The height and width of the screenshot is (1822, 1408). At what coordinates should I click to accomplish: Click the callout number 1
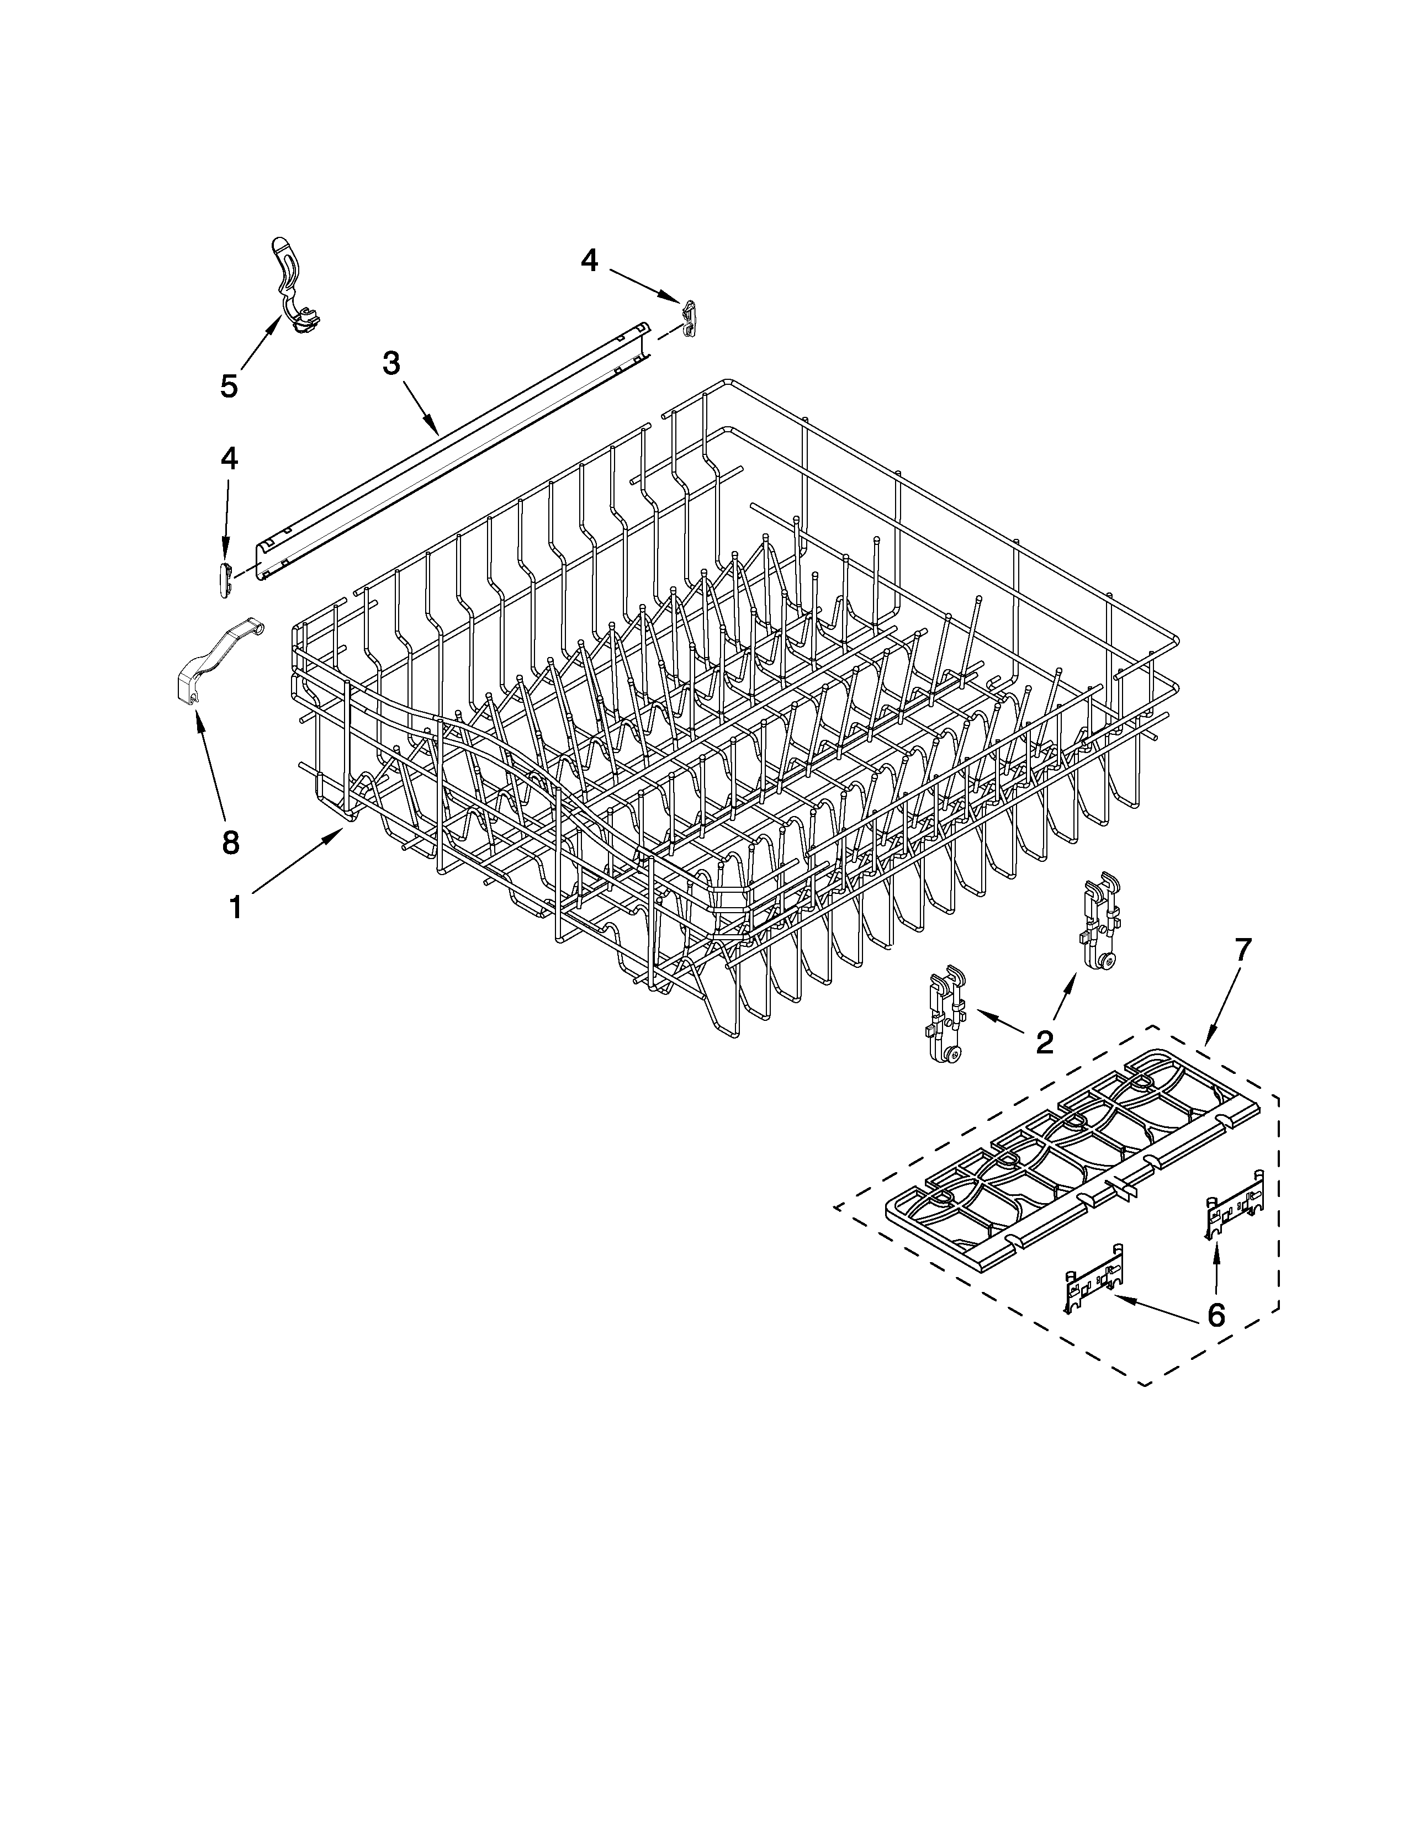(x=236, y=907)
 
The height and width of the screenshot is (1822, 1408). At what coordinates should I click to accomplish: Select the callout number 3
(x=390, y=364)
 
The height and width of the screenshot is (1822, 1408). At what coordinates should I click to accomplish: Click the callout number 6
(x=1216, y=1316)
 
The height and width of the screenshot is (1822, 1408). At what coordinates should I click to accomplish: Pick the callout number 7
(x=1243, y=950)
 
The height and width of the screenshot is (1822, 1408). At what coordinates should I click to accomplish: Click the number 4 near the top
(x=589, y=261)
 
